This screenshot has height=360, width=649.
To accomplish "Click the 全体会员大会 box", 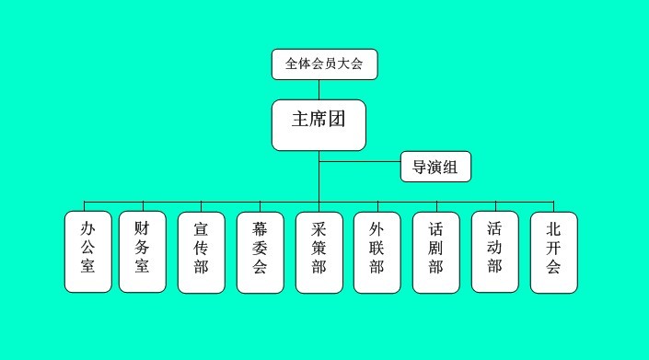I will point(324,64).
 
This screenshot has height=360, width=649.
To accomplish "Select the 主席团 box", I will point(319,124).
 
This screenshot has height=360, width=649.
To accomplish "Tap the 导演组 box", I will point(435,167).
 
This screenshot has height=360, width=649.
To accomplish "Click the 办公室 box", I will point(88,251).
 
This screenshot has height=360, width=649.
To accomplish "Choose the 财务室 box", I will point(143,251).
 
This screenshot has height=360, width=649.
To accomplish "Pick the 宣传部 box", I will point(201,251).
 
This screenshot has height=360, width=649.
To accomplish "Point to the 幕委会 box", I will point(261,251).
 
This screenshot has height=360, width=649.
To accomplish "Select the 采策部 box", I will point(319,251).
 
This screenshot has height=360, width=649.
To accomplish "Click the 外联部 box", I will point(377,251).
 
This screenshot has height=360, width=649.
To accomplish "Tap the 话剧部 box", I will point(436,251).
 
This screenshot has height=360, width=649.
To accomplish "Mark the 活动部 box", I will point(494,251).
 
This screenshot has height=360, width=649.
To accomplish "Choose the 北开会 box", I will point(553,251).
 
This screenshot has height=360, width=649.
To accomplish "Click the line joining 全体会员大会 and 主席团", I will point(319,89).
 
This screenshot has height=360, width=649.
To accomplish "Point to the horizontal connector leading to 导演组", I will point(360,162).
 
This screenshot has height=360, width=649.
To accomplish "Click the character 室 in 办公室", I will point(88,267).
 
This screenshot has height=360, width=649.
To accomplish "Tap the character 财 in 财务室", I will point(143,227).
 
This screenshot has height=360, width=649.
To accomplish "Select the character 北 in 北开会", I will point(553,227).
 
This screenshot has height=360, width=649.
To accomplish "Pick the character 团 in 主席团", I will point(336,119).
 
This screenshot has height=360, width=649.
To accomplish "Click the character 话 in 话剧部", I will point(436,227).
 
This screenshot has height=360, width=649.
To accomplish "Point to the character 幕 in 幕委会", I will point(261,227).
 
